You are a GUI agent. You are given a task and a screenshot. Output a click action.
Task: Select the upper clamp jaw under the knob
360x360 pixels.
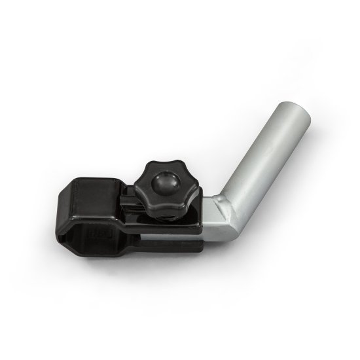(x=190, y=223)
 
